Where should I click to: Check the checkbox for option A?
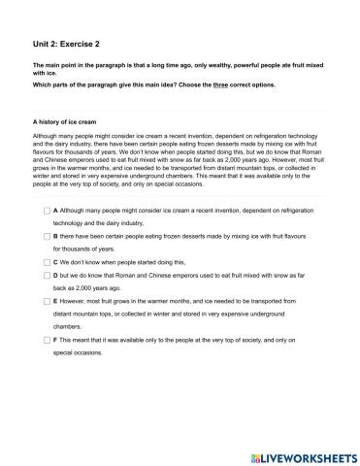click(47, 210)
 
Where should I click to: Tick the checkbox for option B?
click(47, 236)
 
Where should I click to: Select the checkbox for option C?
click(47, 262)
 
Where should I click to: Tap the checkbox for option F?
click(47, 340)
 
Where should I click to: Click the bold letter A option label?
click(56, 210)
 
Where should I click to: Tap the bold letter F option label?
click(56, 340)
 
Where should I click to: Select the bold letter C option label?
click(56, 262)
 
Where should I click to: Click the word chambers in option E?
click(70, 327)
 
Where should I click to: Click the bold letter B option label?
click(56, 236)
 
